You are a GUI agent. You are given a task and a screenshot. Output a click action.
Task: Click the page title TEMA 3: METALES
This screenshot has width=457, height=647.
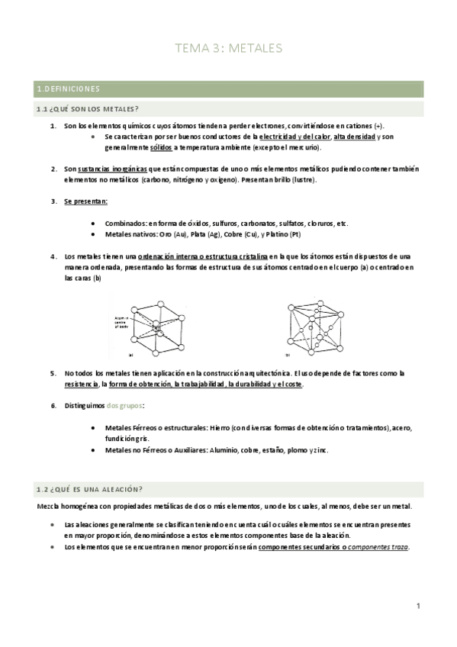pyautogui.click(x=228, y=48)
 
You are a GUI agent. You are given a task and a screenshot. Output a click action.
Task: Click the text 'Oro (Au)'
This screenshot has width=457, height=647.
pyautogui.click(x=163, y=234)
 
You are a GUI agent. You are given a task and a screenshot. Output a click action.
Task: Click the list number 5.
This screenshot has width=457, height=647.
pyautogui.click(x=53, y=373)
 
